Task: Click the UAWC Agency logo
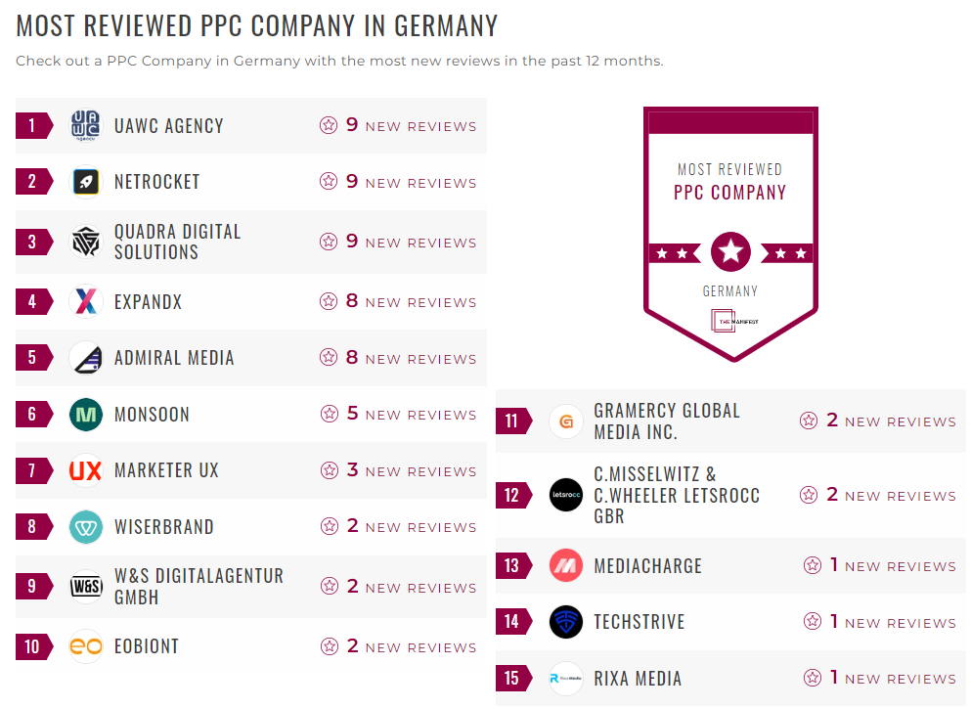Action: (x=86, y=126)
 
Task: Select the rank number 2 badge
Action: (x=32, y=182)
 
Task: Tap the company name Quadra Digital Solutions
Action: (x=177, y=242)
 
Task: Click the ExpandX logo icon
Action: (x=86, y=302)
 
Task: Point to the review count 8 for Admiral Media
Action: (x=352, y=358)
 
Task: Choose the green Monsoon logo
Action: (x=86, y=415)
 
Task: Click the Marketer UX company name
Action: (x=166, y=470)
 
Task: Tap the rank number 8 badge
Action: (x=32, y=527)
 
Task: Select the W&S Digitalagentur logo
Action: (x=86, y=587)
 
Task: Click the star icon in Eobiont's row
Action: (x=329, y=646)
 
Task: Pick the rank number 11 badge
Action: (x=511, y=421)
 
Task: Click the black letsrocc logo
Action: (x=566, y=495)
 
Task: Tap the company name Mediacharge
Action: (x=647, y=566)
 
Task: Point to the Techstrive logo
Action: (x=566, y=622)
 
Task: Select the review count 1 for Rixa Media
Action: (x=834, y=677)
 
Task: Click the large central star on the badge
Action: (x=730, y=252)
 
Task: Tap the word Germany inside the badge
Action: (x=730, y=290)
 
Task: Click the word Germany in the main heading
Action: (x=444, y=25)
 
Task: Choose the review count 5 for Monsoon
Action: (x=352, y=414)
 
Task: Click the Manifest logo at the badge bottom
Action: (x=730, y=322)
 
